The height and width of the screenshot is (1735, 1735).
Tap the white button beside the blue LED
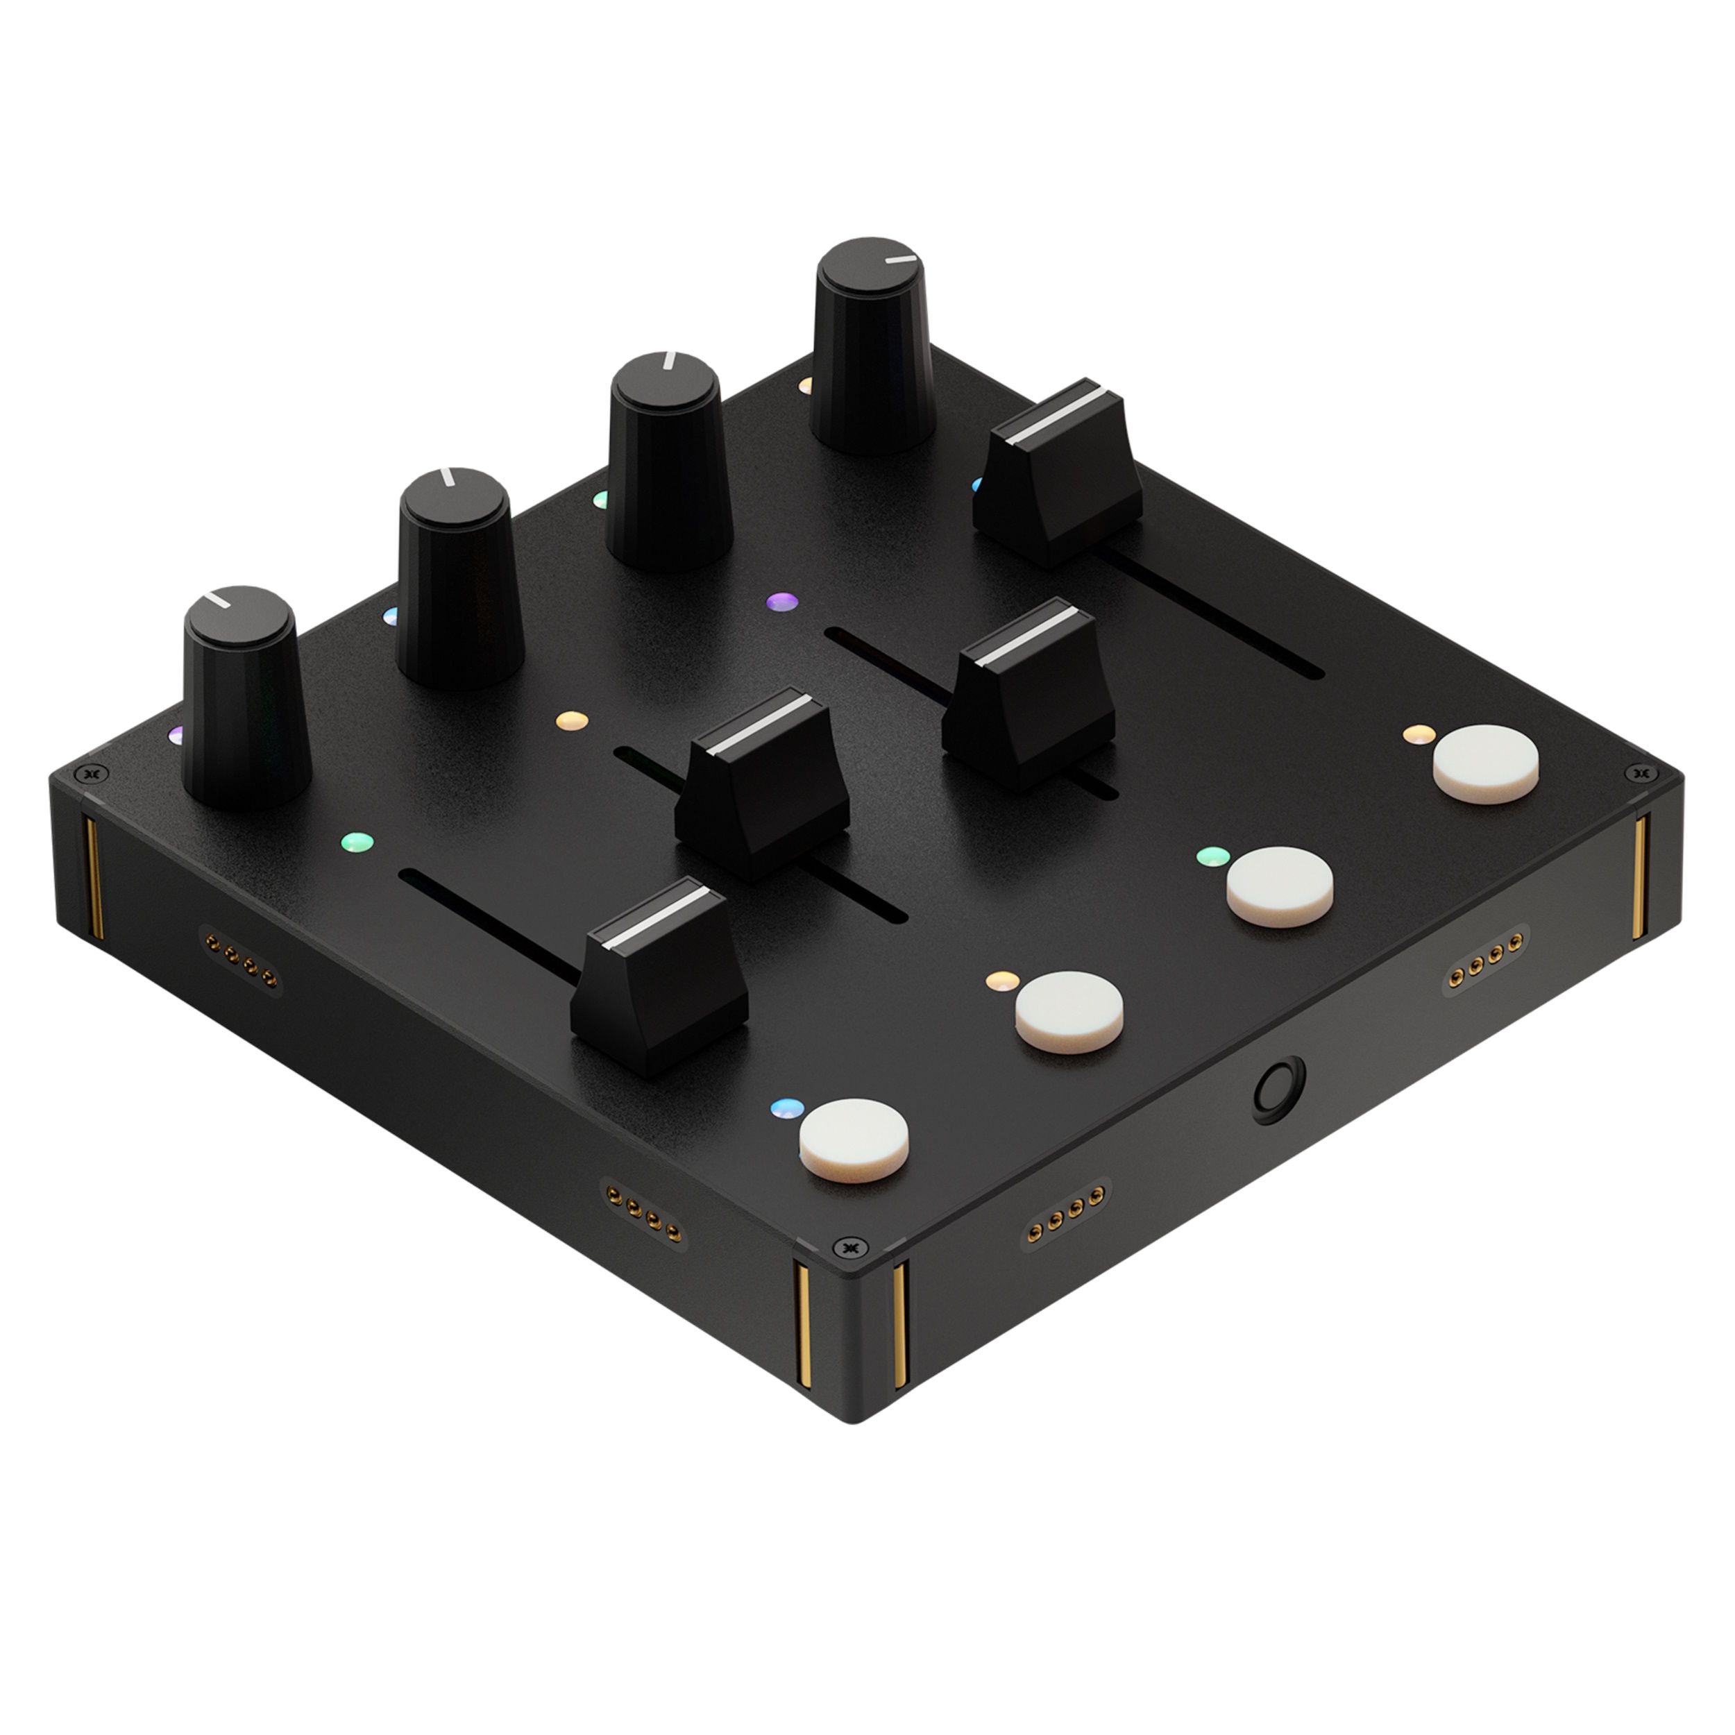click(854, 1140)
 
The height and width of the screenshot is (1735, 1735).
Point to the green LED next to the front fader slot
click(357, 843)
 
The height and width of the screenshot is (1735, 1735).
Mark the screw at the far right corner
click(1640, 772)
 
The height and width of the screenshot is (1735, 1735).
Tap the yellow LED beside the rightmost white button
click(1416, 734)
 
